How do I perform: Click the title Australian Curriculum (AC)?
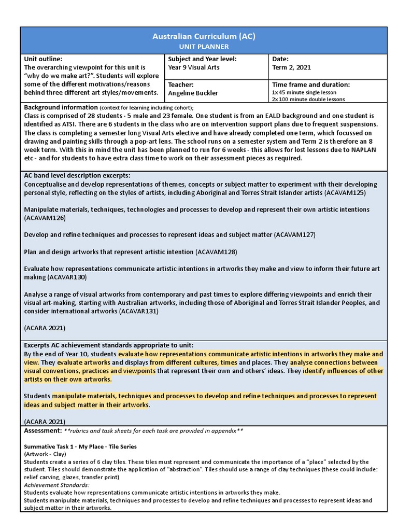[x=204, y=36]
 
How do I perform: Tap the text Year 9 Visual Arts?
[x=194, y=67]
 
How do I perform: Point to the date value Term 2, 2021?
[x=291, y=67]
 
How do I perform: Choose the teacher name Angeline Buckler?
[x=193, y=93]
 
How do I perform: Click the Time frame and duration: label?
[x=311, y=85]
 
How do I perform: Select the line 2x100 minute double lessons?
[x=308, y=99]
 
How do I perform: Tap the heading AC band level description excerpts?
[x=77, y=175]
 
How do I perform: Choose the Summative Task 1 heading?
[x=80, y=446]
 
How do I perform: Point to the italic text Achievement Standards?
[x=56, y=484]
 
